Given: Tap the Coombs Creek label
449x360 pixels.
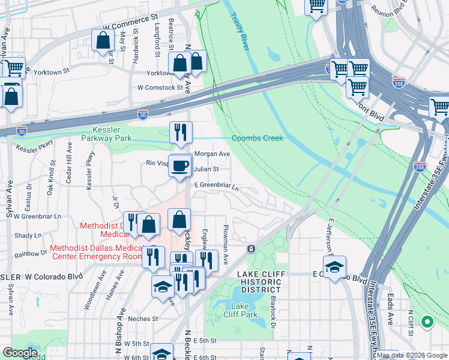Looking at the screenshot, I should [257, 138].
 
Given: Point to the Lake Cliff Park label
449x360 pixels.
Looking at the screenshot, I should [240, 310].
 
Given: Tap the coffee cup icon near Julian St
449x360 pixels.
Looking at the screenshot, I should [179, 166].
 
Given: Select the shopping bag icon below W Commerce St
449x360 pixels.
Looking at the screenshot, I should [103, 41].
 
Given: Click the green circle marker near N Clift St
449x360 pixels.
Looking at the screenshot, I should [427, 322].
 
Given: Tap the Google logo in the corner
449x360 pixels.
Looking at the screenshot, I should [19, 353].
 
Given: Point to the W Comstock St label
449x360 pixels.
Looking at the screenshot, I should [160, 87].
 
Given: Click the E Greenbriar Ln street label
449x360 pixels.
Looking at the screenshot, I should [216, 187].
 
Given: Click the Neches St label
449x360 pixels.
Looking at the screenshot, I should [143, 319].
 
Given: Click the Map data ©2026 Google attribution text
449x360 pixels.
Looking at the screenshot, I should [412, 355].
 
